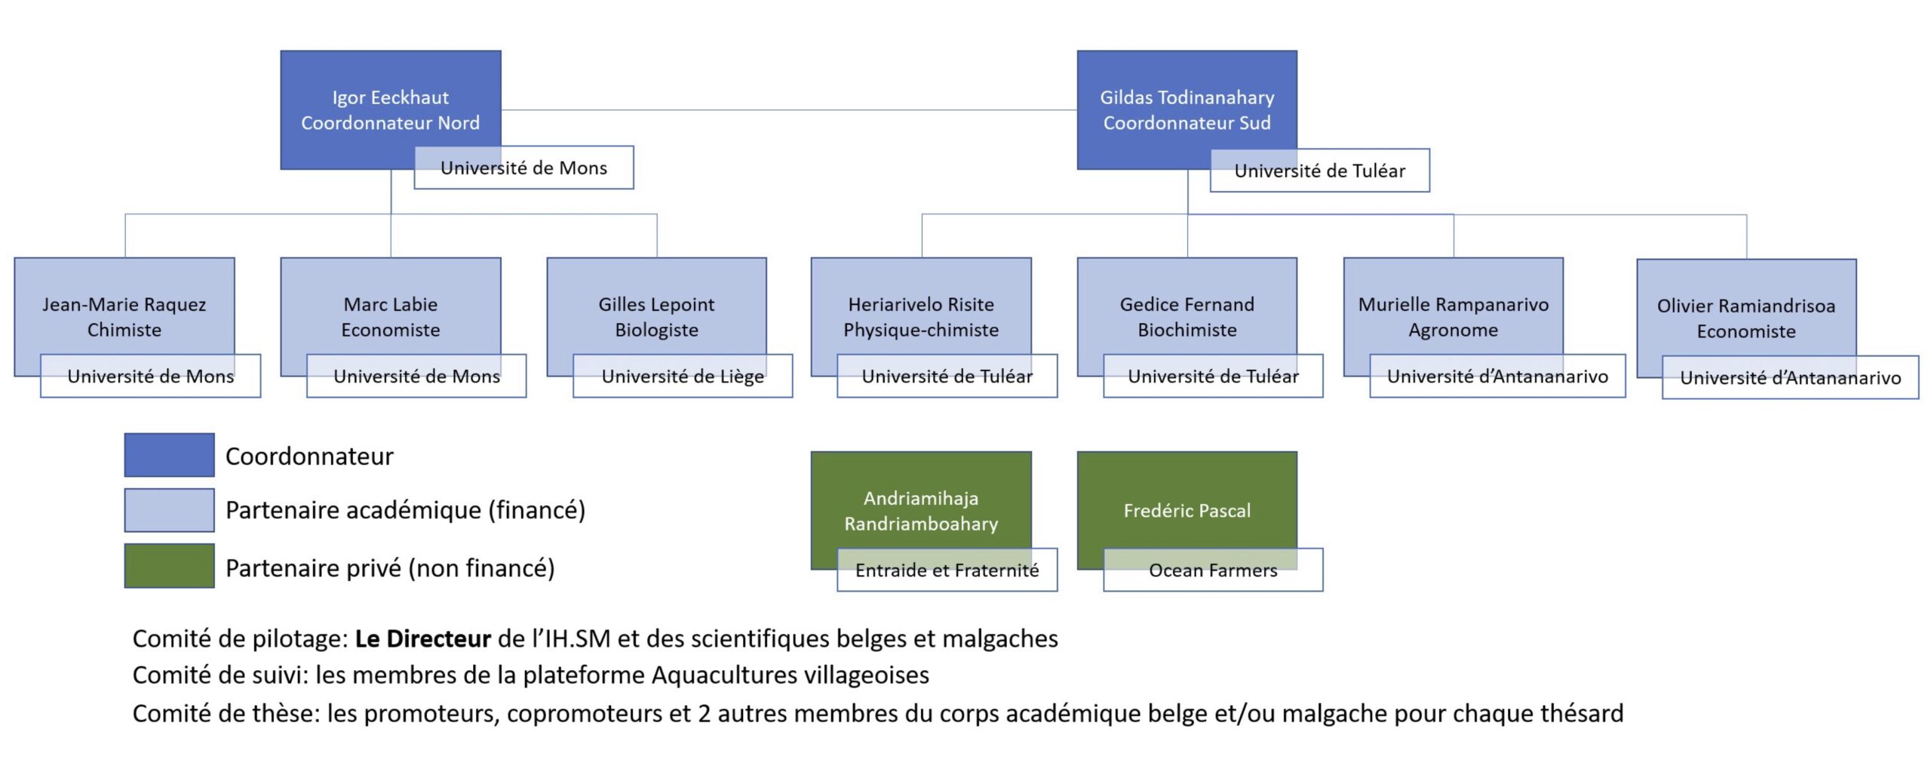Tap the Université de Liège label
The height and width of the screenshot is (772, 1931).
(x=683, y=376)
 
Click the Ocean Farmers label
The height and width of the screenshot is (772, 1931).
(x=1213, y=570)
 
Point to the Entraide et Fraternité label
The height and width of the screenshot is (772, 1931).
(x=947, y=570)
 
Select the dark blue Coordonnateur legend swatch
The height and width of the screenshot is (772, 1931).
(x=169, y=455)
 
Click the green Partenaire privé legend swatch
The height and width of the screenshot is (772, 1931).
(x=169, y=566)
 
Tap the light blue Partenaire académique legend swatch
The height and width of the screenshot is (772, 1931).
(x=169, y=510)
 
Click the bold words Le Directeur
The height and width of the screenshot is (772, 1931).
(x=423, y=639)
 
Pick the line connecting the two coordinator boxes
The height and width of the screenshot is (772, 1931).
(x=789, y=110)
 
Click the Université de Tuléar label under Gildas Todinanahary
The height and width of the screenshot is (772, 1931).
(x=1320, y=171)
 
